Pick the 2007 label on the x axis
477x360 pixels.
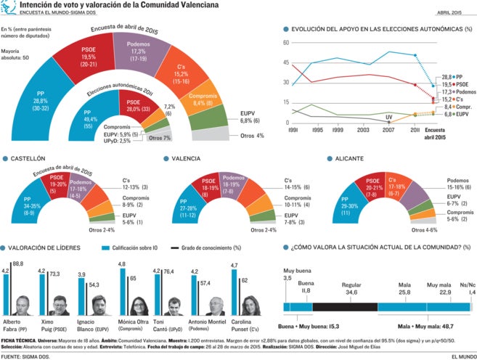pos(389,130)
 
